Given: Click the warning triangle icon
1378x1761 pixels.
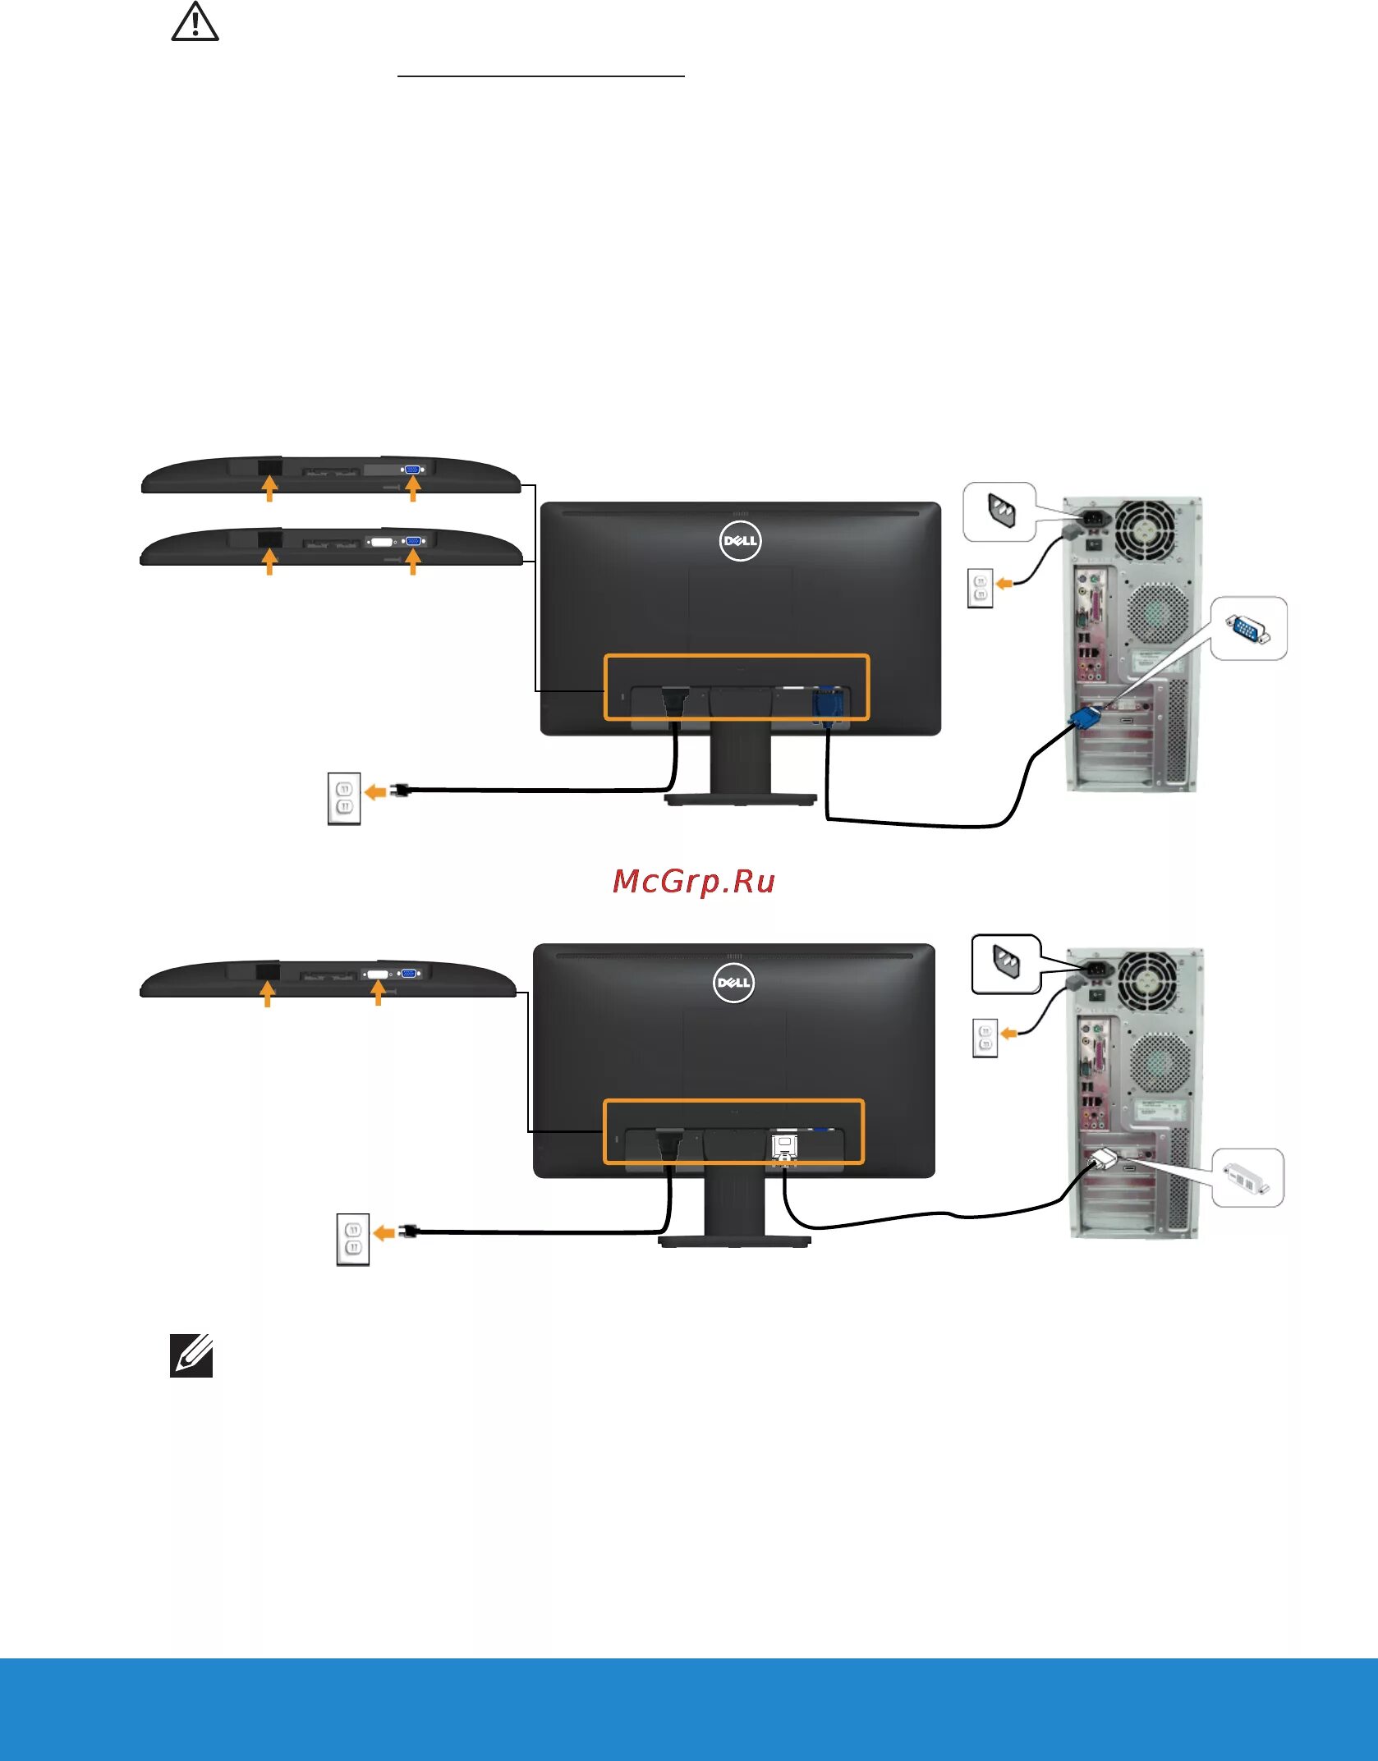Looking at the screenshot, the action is pos(195,22).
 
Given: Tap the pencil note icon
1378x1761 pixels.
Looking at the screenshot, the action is pos(191,1355).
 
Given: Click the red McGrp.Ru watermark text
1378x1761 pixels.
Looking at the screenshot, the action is pos(694,882).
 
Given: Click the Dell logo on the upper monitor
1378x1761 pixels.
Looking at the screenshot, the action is pos(740,541).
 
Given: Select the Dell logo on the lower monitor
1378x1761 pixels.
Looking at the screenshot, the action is pos(733,983).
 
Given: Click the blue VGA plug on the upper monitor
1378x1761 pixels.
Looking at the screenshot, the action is pos(827,706).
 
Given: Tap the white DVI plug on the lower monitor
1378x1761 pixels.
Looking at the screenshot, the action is pos(785,1148).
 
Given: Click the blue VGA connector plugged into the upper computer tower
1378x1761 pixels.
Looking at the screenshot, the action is pos(1086,718).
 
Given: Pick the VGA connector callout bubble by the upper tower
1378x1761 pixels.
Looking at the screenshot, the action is pos(1248,628).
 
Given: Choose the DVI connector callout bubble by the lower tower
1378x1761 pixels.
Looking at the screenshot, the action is pos(1247,1178).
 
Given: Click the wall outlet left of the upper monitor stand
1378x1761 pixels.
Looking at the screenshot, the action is pos(344,798).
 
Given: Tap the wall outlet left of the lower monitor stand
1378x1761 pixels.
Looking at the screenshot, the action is pos(353,1239).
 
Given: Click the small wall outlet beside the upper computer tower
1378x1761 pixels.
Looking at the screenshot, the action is pos(980,588).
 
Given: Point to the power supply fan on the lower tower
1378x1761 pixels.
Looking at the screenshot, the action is pos(1148,981).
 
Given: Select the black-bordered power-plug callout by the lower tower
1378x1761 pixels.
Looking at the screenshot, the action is pos(1006,964).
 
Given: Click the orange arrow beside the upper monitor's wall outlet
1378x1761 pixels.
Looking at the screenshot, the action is pos(375,791).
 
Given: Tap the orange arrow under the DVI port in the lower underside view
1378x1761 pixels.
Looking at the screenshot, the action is pos(378,993).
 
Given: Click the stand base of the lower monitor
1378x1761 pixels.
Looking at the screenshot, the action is pos(734,1242).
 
